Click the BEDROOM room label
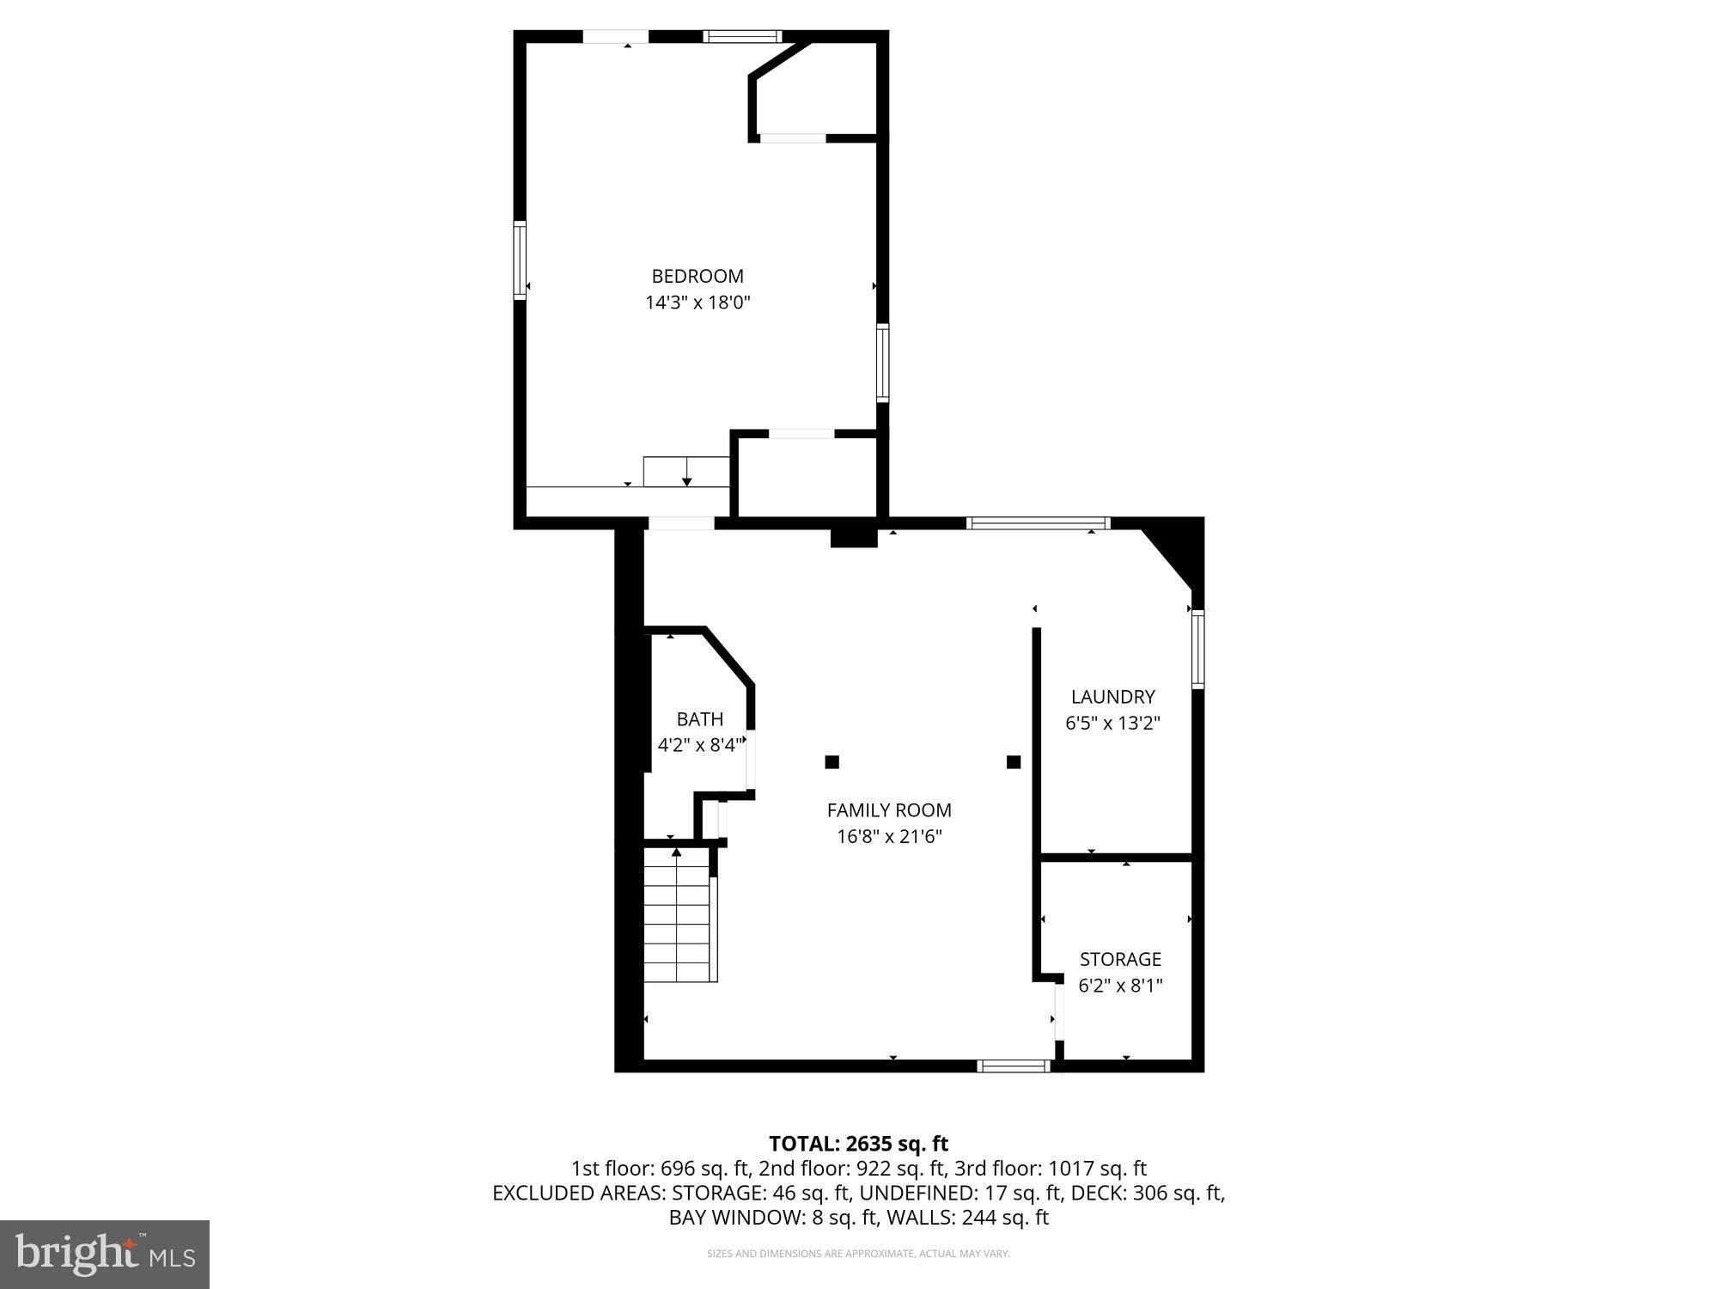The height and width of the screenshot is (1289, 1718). (698, 276)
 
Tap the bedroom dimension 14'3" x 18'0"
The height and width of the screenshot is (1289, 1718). (698, 302)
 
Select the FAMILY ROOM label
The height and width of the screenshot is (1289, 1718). (889, 809)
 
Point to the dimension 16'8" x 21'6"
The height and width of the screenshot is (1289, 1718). (889, 836)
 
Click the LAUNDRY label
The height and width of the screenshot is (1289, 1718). (1112, 697)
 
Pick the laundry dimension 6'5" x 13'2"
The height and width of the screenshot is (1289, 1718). (1112, 724)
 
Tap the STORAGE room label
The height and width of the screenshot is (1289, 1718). (1120, 959)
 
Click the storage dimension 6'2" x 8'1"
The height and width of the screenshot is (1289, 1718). (1120, 986)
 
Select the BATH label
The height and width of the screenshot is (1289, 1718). (700, 719)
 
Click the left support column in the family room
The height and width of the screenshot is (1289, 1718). (832, 761)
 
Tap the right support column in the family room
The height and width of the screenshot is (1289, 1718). (1014, 761)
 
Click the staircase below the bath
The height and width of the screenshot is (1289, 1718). (679, 915)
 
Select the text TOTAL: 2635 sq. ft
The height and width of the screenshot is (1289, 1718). (858, 1144)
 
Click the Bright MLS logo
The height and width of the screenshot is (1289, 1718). (105, 1254)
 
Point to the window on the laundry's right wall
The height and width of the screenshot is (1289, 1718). (1197, 649)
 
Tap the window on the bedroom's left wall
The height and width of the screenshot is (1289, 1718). (520, 260)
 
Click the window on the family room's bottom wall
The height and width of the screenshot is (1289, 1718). (1014, 1066)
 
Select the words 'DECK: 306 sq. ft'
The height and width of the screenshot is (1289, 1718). (1148, 1193)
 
